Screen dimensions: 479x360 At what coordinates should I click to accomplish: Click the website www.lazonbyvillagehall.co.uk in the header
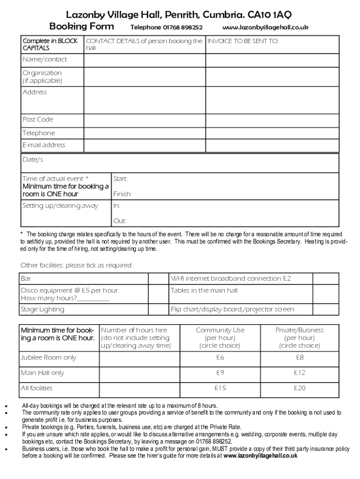pos(265,28)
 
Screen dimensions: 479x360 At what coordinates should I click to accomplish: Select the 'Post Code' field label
pos(38,119)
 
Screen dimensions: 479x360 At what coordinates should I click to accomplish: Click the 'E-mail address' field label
pos(44,145)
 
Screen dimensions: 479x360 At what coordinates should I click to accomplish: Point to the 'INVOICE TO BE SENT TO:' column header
pos(243,41)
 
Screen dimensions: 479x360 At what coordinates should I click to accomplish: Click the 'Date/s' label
pos(33,160)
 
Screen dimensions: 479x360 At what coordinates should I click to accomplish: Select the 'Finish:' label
pos(122,194)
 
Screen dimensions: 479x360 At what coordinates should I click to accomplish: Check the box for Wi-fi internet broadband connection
pos(325,279)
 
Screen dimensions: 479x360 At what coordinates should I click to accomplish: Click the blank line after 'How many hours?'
pos(94,298)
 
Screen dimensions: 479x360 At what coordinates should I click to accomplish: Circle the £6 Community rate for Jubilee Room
pos(220,358)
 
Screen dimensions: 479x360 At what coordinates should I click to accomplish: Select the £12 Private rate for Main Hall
pos(299,373)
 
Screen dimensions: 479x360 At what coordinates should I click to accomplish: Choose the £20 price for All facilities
pos(299,388)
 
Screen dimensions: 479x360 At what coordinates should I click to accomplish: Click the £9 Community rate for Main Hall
pos(220,373)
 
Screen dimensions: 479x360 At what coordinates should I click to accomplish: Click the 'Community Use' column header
pos(220,330)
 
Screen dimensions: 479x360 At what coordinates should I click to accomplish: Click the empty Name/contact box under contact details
pos(145,59)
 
